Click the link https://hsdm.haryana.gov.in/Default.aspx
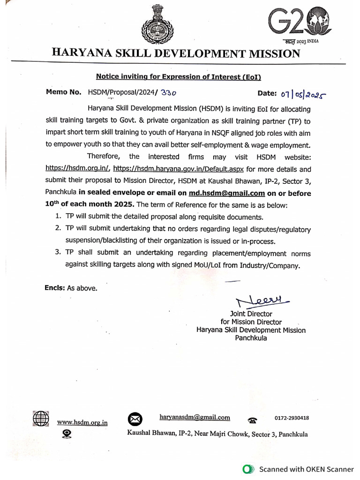pos(179,169)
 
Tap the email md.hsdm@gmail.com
pos(227,193)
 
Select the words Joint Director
pos(251,314)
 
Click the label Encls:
pos(55,288)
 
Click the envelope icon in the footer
pos(135,419)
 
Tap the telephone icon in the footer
pos(252,420)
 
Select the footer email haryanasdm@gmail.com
pos(195,417)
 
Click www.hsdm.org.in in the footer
pos(82,422)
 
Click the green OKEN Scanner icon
pos(248,469)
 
